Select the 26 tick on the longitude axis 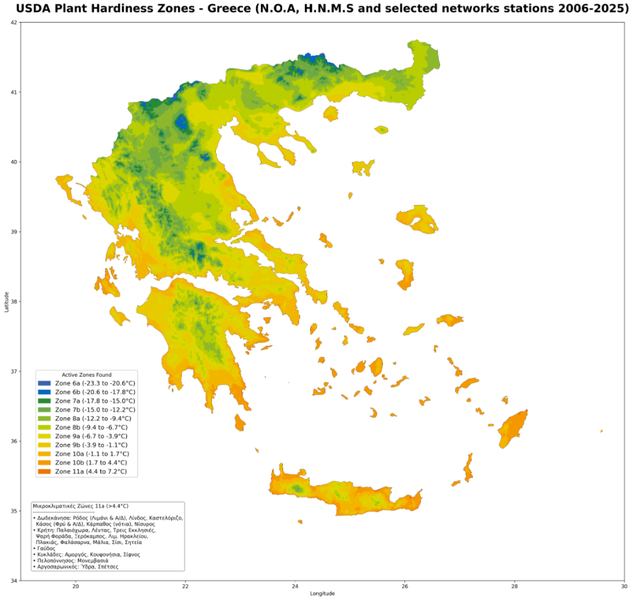pos(405,587)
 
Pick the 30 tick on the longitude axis pos(624,587)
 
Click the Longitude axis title pos(322,594)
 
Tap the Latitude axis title pos(6,301)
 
